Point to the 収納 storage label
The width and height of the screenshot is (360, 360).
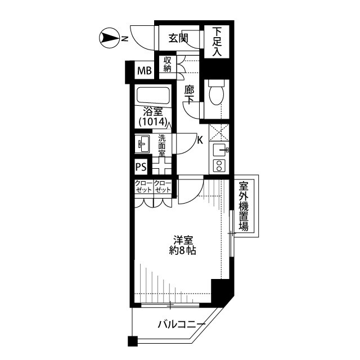click(x=168, y=64)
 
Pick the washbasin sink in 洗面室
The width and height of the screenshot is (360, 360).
click(x=143, y=145)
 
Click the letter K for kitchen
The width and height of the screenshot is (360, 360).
click(x=200, y=141)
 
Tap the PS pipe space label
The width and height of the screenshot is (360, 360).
click(x=142, y=167)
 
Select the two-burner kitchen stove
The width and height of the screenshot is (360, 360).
click(x=218, y=165)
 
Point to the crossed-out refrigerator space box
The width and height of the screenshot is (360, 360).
click(x=217, y=131)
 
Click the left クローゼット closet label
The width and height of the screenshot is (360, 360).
click(x=142, y=187)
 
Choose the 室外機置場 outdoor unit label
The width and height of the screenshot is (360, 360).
click(x=244, y=206)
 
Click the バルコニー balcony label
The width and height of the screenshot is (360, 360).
click(x=177, y=324)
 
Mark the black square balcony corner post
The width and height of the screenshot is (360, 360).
click(x=132, y=341)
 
